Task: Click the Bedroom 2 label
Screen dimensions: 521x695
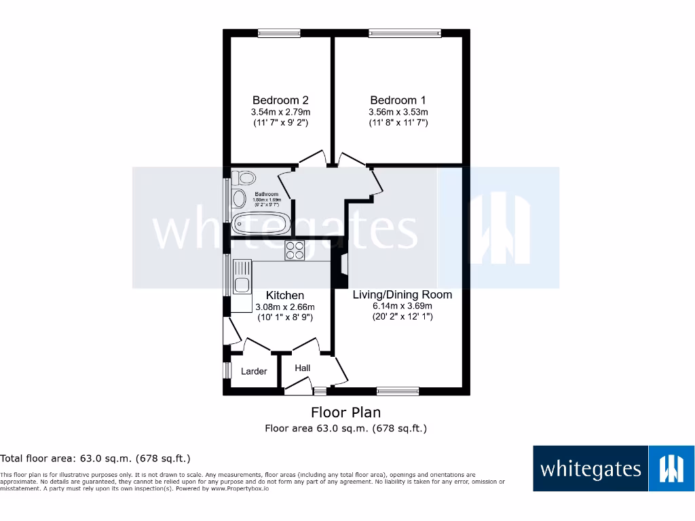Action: (x=280, y=100)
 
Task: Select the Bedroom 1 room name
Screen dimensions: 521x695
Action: (x=398, y=100)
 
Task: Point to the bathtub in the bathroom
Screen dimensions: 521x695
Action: (x=261, y=223)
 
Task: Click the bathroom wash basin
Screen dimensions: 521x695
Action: (x=238, y=199)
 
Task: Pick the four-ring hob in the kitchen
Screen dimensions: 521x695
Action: (x=295, y=250)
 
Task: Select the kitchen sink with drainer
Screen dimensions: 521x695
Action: (x=241, y=277)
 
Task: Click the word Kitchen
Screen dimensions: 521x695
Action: (x=284, y=295)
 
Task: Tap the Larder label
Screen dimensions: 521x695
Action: (x=254, y=371)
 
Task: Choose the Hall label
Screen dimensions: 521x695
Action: (x=302, y=368)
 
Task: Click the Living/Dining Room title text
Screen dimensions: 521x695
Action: (x=402, y=294)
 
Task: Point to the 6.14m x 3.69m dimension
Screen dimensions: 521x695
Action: (x=402, y=306)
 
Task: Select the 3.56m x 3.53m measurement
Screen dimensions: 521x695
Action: (x=398, y=112)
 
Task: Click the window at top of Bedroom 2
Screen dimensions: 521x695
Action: (x=279, y=32)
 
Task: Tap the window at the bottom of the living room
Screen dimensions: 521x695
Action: (x=398, y=391)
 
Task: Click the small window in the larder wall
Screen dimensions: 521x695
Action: (x=227, y=370)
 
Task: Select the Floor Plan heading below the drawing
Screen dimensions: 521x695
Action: (x=345, y=412)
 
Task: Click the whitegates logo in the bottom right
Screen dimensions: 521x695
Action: (x=614, y=468)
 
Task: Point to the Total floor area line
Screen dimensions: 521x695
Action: (x=95, y=459)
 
